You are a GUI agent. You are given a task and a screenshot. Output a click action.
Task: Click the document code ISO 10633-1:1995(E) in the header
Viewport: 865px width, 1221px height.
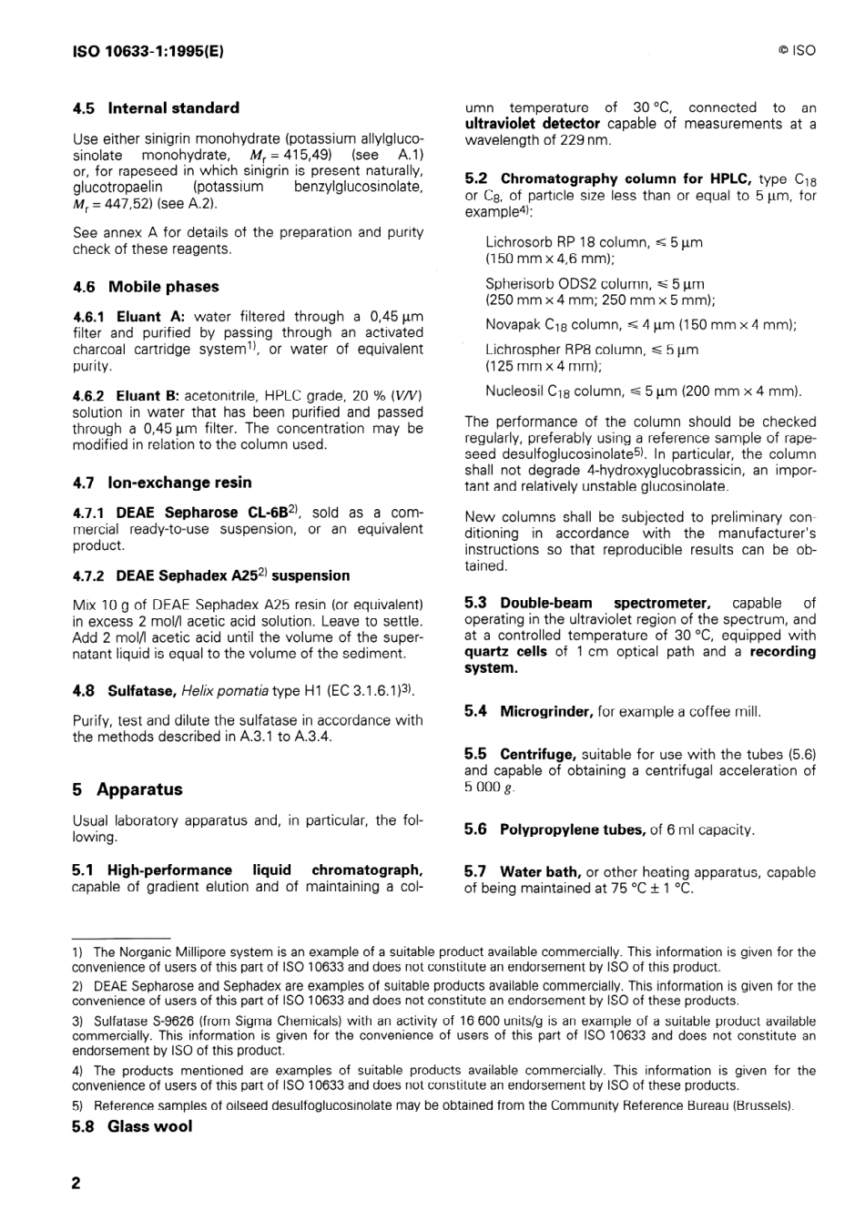click(148, 51)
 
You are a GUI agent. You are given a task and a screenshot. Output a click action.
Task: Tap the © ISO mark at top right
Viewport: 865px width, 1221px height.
click(797, 51)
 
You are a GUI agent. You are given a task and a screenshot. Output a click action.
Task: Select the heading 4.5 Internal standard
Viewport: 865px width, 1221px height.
click(156, 108)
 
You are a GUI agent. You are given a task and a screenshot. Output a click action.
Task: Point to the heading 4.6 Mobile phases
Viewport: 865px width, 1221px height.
click(146, 287)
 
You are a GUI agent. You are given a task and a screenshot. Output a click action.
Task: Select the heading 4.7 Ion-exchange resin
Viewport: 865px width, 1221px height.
click(162, 483)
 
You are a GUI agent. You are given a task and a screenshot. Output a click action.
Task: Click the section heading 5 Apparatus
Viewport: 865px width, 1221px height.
click(127, 789)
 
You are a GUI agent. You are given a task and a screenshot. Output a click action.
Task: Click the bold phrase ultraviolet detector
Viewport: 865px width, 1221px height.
click(533, 124)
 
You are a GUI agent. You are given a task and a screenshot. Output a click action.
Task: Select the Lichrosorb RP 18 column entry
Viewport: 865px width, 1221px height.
click(594, 243)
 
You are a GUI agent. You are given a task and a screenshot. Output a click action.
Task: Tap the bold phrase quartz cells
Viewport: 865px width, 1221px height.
click(506, 652)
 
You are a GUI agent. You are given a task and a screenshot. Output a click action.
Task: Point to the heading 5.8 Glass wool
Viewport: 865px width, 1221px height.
click(132, 1126)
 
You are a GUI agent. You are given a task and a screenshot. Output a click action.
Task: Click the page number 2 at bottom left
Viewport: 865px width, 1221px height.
click(76, 1183)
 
